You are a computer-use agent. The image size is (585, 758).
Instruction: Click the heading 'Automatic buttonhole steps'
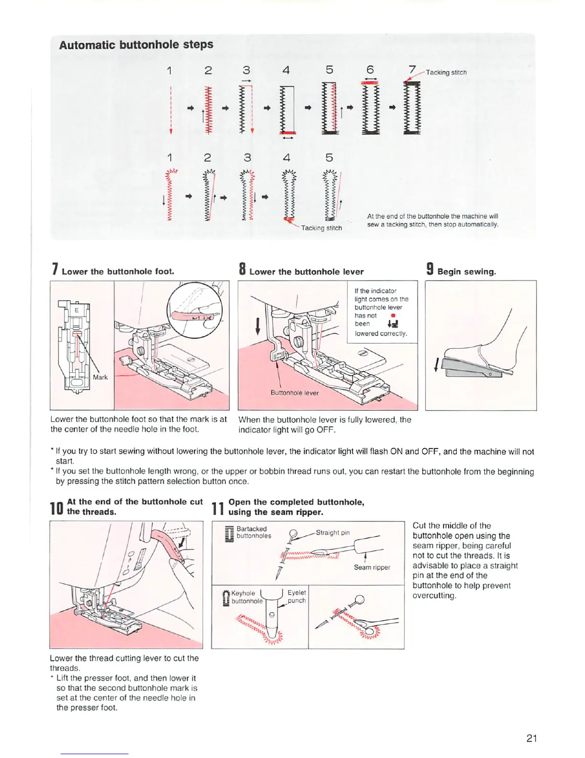click(x=136, y=45)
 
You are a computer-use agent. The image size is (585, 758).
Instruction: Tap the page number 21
click(x=531, y=738)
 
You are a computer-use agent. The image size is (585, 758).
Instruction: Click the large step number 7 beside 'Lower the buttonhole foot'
click(x=55, y=269)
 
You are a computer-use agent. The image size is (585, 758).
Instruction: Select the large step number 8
click(x=242, y=269)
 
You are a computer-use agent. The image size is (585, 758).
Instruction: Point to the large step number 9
click(x=430, y=269)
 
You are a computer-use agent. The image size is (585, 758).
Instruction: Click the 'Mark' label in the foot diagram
click(x=100, y=377)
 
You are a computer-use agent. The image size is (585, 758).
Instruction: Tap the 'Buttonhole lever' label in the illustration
click(x=294, y=393)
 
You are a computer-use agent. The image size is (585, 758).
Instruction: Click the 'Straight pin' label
click(x=333, y=533)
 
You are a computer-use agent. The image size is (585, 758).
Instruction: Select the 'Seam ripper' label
click(x=372, y=567)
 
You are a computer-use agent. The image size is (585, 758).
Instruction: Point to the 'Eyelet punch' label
click(x=296, y=596)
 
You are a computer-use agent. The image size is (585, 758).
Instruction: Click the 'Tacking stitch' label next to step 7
click(x=446, y=72)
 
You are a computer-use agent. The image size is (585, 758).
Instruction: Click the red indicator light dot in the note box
click(x=392, y=315)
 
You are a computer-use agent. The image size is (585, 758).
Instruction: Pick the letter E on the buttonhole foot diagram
click(x=76, y=311)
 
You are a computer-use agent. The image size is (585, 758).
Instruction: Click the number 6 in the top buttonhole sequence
click(x=370, y=70)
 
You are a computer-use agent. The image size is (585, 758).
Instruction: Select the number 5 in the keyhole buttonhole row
click(x=329, y=157)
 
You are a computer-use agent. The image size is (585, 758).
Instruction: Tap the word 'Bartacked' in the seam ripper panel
click(x=251, y=529)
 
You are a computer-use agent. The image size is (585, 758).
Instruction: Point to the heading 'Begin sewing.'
click(x=466, y=272)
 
